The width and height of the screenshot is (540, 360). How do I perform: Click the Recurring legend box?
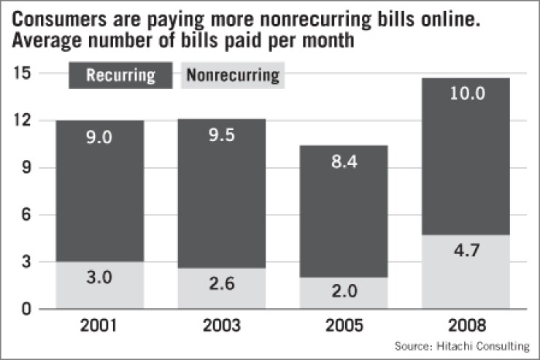[x=120, y=75]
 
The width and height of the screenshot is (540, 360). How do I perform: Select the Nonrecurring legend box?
[x=233, y=75]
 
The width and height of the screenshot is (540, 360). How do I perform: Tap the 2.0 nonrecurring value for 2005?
[x=344, y=293]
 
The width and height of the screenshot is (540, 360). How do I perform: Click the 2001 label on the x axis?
[x=100, y=324]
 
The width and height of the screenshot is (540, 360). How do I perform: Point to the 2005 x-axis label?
[x=344, y=324]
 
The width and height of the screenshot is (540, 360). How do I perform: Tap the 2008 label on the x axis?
[x=466, y=324]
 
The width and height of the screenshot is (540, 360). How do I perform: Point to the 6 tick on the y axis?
[x=26, y=215]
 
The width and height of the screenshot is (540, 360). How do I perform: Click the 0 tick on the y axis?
[x=26, y=310]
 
